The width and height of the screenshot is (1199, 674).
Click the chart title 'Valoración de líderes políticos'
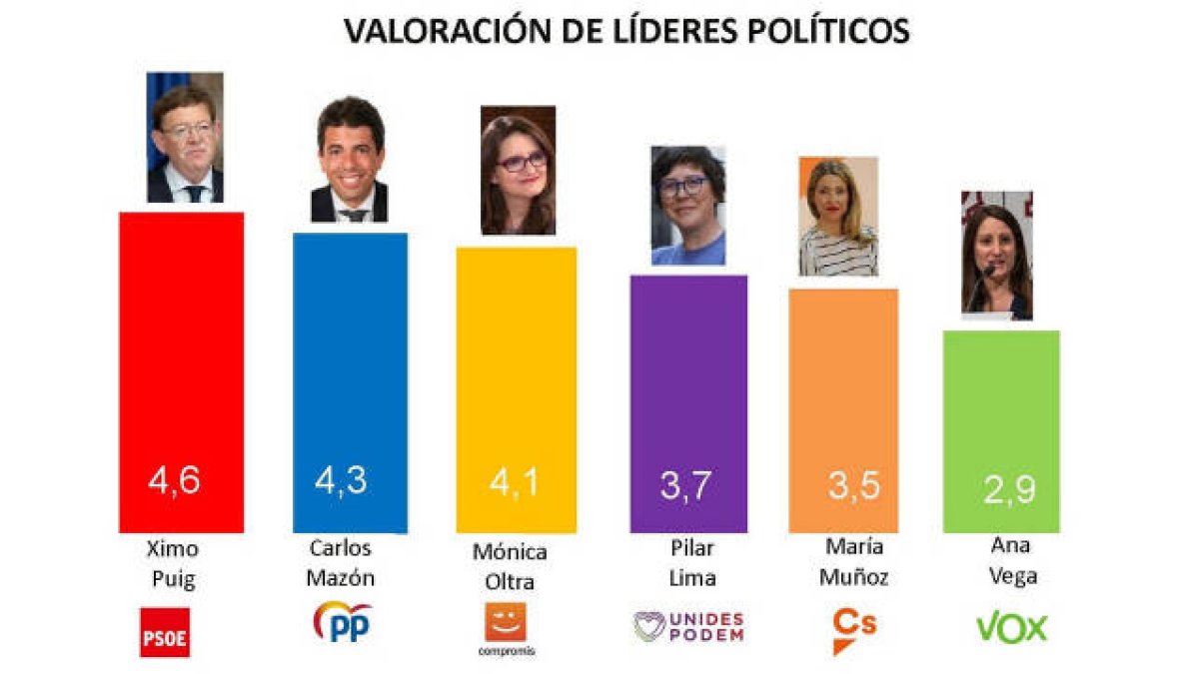626,30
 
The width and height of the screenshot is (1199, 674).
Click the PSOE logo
165,631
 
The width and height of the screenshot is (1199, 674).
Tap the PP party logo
343,621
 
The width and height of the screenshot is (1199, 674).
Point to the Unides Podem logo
689,626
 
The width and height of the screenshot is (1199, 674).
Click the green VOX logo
1011,628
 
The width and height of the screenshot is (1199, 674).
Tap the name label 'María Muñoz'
854,561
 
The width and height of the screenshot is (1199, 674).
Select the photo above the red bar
185,137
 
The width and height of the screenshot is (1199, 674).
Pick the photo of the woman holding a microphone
996,256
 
